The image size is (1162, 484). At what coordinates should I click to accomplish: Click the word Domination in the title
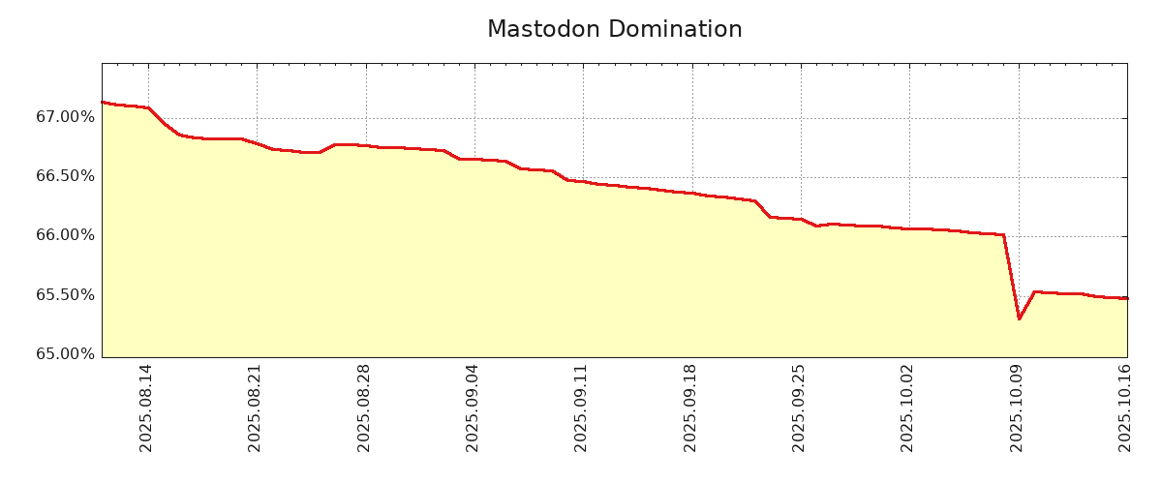(x=679, y=30)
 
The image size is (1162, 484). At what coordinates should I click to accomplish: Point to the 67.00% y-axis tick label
(x=66, y=117)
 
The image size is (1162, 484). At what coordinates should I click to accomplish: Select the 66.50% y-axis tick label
(x=66, y=176)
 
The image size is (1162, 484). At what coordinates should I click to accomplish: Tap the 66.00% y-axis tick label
(x=66, y=235)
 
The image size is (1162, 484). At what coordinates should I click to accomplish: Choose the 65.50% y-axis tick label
(x=66, y=295)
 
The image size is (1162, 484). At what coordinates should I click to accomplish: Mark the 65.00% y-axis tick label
(x=66, y=354)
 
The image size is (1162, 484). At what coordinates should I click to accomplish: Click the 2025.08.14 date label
(x=147, y=408)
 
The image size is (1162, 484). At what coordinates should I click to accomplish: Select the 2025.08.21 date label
(x=256, y=408)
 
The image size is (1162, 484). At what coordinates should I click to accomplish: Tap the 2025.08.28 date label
(x=365, y=408)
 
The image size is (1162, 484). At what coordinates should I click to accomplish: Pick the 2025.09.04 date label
(x=474, y=408)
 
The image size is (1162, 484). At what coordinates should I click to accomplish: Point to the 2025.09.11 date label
(x=582, y=408)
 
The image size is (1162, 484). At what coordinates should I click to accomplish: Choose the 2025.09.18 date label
(x=691, y=408)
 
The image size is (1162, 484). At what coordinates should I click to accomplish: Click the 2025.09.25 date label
(x=800, y=408)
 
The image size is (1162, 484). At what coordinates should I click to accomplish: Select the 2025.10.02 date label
(x=908, y=408)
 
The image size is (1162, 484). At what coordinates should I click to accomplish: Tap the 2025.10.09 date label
(x=1018, y=408)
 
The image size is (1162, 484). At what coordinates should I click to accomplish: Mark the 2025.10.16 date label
(x=1126, y=408)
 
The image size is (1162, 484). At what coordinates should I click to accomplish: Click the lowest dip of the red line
(x=1019, y=318)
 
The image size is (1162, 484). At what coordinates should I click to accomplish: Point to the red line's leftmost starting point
(x=103, y=102)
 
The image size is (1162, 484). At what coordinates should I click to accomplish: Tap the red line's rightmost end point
(x=1126, y=298)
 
